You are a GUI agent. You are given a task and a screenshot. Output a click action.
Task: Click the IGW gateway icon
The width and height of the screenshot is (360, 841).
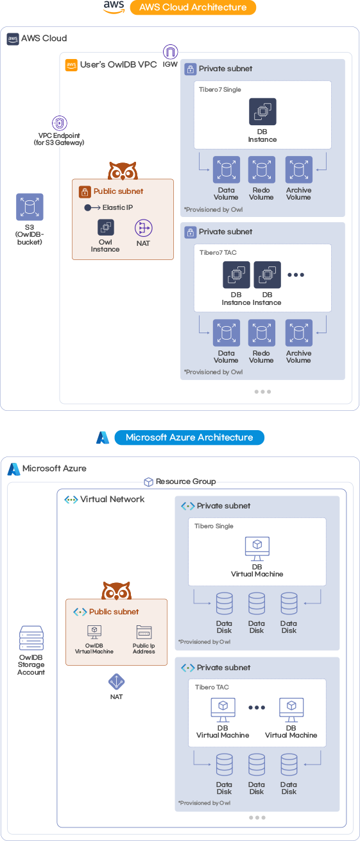click(170, 52)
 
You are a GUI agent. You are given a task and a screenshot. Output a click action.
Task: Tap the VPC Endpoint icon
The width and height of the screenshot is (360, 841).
click(59, 123)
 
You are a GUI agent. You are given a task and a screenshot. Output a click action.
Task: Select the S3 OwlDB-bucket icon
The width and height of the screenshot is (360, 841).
click(30, 207)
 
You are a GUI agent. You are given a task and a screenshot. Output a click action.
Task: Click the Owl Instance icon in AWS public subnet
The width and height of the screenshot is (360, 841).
click(106, 227)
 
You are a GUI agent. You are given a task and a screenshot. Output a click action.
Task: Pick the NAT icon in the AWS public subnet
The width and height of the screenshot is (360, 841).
click(143, 228)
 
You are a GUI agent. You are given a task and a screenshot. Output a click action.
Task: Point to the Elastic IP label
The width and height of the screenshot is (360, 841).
click(117, 207)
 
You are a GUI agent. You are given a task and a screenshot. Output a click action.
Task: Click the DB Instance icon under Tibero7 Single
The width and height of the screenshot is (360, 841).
click(262, 112)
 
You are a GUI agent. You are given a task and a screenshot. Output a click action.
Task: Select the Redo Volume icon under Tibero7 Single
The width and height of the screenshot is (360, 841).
click(261, 169)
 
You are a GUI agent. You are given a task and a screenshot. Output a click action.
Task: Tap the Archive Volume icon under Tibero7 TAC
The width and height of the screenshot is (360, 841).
click(299, 333)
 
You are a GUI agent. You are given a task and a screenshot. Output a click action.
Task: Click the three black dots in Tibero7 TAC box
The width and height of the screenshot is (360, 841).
click(296, 275)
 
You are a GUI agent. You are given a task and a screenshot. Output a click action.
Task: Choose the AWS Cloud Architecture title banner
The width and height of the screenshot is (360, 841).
click(193, 8)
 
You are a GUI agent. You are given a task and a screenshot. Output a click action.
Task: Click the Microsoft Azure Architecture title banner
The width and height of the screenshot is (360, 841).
click(189, 437)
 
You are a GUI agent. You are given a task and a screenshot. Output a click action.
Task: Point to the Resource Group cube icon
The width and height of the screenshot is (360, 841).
click(149, 481)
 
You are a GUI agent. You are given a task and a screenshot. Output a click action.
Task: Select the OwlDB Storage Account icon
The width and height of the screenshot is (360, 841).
click(31, 638)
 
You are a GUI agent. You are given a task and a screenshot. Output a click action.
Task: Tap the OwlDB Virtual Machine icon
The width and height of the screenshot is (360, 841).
click(94, 632)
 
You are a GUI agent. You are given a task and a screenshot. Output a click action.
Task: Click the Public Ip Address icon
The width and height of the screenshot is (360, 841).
click(144, 632)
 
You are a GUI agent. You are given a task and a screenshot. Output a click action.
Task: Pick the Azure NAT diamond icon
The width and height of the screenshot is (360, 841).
click(116, 681)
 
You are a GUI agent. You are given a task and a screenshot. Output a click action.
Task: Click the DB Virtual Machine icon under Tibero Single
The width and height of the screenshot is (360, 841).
click(257, 549)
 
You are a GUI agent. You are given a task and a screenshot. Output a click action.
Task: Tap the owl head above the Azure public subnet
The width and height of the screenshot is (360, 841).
click(116, 591)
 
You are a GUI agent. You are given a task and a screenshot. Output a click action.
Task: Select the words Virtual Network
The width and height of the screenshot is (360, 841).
click(112, 499)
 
